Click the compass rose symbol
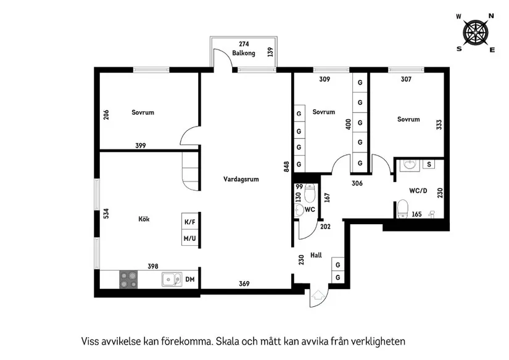coord(476,31)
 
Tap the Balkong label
coord(244,54)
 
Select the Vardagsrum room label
coord(241,179)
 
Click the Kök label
coord(144,219)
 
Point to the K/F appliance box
coord(190,222)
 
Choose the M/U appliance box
coord(190,238)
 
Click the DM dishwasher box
coord(190,280)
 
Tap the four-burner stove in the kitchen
coord(128,280)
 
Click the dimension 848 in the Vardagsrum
coord(286,167)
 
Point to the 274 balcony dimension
coord(244,44)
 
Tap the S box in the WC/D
coord(429,164)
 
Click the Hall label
coord(316,254)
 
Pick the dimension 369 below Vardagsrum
coord(244,284)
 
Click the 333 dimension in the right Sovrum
coord(439,124)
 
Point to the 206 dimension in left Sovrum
coord(106,115)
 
